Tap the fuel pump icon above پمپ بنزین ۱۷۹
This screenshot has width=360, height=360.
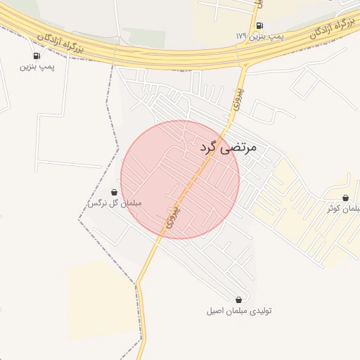pyautogui.click(x=259, y=26)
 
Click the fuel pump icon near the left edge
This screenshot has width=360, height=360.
pyautogui.click(x=36, y=56)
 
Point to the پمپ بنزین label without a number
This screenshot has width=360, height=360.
pyautogui.click(x=37, y=67)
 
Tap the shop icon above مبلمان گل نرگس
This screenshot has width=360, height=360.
pyautogui.click(x=115, y=192)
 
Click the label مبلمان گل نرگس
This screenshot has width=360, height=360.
pyautogui.click(x=114, y=203)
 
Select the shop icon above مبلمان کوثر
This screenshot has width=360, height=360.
pyautogui.click(x=345, y=198)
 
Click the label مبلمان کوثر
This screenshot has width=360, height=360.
pyautogui.click(x=343, y=209)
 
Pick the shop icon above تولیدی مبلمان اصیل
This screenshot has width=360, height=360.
pyautogui.click(x=239, y=300)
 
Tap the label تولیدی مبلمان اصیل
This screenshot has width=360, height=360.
pyautogui.click(x=239, y=311)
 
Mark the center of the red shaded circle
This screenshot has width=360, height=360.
pyautogui.click(x=180, y=179)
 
